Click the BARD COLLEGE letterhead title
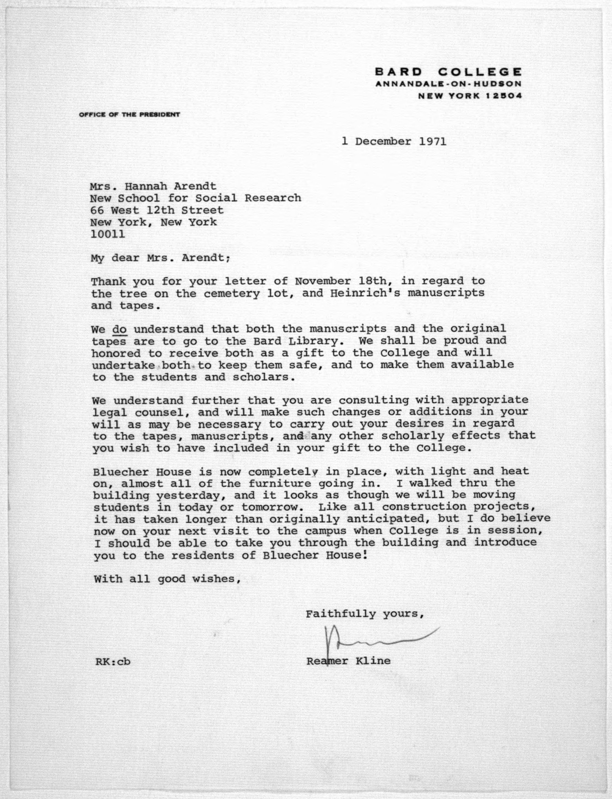pyautogui.click(x=448, y=71)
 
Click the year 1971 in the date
pyautogui.click(x=432, y=141)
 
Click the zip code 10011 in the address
pyautogui.click(x=108, y=234)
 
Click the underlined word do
pyautogui.click(x=120, y=329)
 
